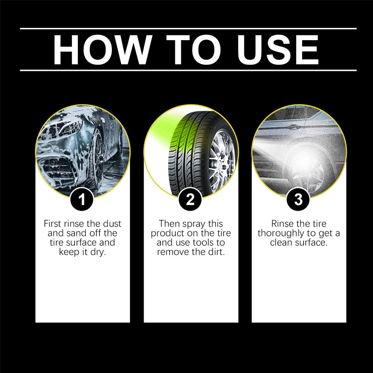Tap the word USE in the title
click(278, 50)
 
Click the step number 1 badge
click(82, 200)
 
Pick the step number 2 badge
click(190, 200)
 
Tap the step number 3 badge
click(298, 200)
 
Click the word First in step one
click(53, 224)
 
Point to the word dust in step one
click(112, 224)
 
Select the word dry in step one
click(98, 252)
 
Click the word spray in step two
click(194, 224)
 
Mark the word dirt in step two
click(216, 252)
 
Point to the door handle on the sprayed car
click(294, 127)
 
